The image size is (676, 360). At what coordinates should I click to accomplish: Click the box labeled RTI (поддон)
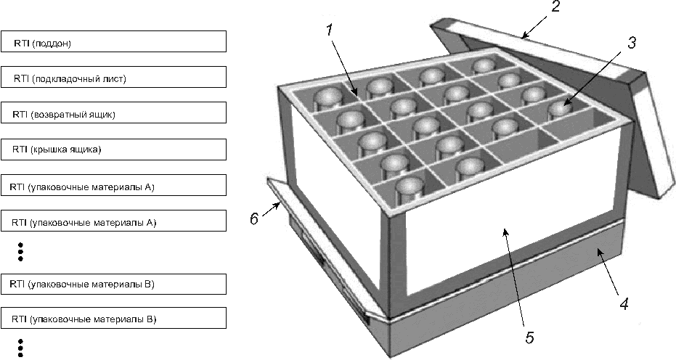point(113,41)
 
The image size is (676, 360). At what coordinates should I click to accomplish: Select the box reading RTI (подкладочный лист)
point(113,77)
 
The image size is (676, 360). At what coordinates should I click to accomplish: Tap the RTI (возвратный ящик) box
point(113,112)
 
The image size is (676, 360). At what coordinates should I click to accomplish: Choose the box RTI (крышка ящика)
point(113,150)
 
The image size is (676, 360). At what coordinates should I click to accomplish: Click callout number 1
point(330,30)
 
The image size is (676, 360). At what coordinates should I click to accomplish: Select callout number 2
point(555,7)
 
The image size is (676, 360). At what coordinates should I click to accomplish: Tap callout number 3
point(631,42)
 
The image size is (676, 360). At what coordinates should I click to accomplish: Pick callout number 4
point(624,303)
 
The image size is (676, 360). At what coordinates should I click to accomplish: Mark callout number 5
point(529,337)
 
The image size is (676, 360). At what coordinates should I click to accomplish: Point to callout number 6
point(254,218)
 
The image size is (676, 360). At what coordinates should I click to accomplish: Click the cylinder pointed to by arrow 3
point(559,110)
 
